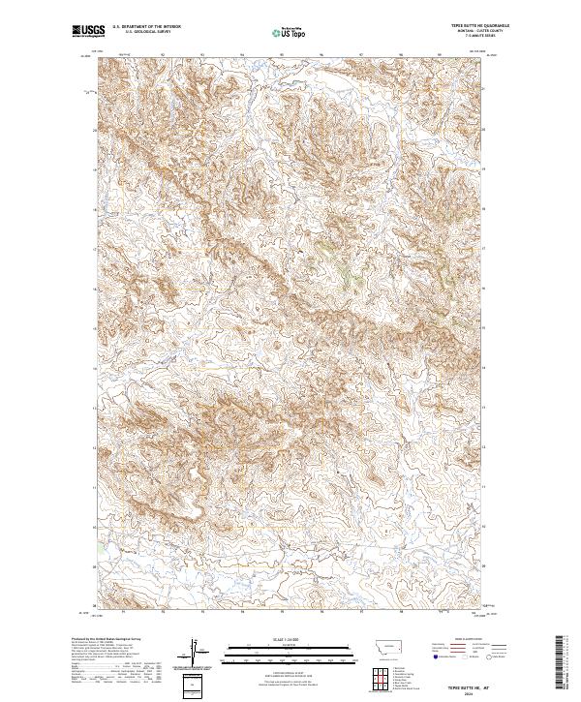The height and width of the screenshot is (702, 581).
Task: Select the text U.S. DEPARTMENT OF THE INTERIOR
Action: click(146, 28)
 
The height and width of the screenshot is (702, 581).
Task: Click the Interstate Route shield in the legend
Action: click(436, 657)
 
